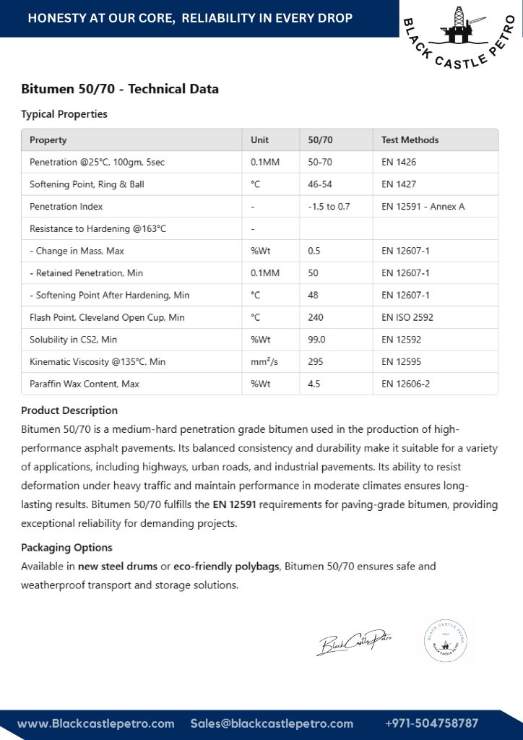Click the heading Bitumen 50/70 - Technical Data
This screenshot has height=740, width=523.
coord(120,90)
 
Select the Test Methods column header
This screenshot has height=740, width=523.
coord(410,139)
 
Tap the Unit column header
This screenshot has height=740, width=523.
coord(259,139)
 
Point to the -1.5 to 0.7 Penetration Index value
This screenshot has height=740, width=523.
coord(329,207)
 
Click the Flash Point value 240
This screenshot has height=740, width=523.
coord(316,317)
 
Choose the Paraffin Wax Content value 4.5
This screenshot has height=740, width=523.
coord(314,384)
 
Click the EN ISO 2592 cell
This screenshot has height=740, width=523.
coord(407,317)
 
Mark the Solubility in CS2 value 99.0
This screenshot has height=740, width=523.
coord(316,340)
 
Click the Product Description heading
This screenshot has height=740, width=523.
coord(69,410)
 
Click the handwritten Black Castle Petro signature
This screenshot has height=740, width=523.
coord(354,641)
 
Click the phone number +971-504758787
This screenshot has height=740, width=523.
coord(431,723)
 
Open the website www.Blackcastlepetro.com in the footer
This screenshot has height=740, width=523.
coord(96,723)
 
